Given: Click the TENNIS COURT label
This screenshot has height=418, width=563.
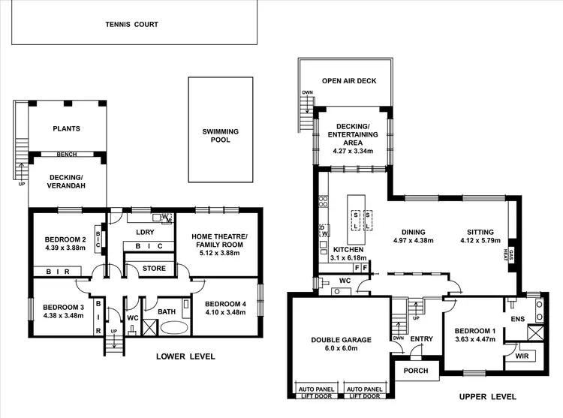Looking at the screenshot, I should [131, 24].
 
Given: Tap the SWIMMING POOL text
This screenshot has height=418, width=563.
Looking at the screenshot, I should [221, 137].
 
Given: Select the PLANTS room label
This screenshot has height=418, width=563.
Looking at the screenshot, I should [66, 128].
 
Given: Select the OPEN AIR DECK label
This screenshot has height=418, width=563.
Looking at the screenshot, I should [349, 81].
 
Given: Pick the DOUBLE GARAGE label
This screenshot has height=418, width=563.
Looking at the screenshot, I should [342, 340].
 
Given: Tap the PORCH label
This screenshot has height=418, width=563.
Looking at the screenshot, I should [416, 371].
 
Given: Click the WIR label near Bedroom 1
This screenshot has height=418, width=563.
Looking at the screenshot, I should [522, 356].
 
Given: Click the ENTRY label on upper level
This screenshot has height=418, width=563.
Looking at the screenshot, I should [422, 339].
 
